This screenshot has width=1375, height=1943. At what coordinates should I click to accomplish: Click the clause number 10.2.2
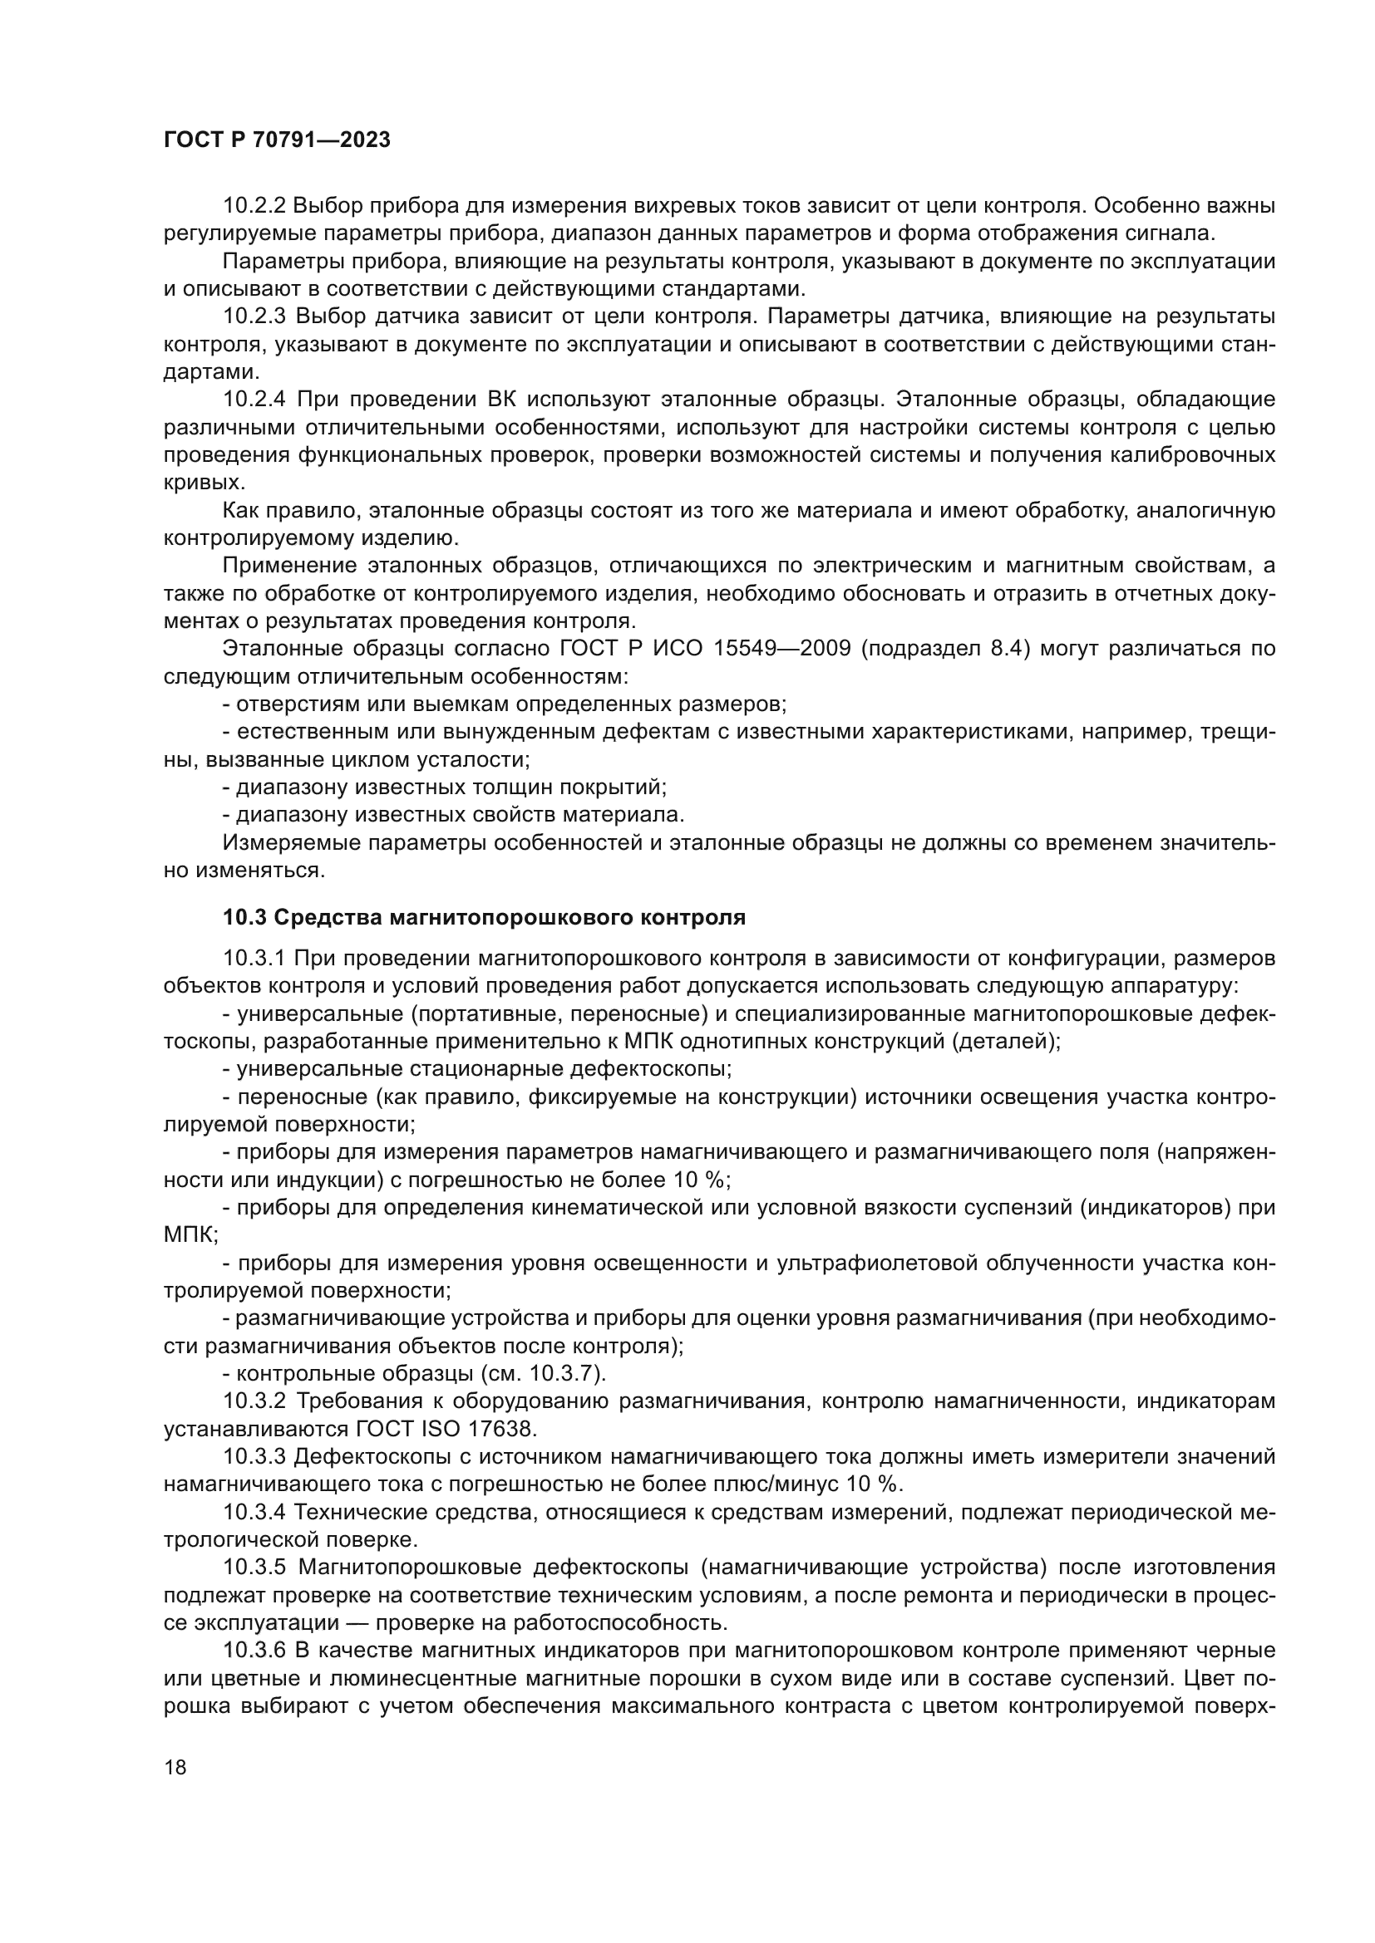coord(255,206)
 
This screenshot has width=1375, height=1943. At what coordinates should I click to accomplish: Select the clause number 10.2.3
coord(255,316)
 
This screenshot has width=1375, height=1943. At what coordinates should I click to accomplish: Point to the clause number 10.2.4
coord(255,400)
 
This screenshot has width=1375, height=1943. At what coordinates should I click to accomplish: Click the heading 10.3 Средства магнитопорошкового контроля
coord(484,917)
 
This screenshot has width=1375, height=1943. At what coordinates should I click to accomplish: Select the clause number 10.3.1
coord(255,958)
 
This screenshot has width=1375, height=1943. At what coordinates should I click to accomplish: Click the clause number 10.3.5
coord(255,1568)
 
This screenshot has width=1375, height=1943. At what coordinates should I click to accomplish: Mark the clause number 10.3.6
coord(255,1651)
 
